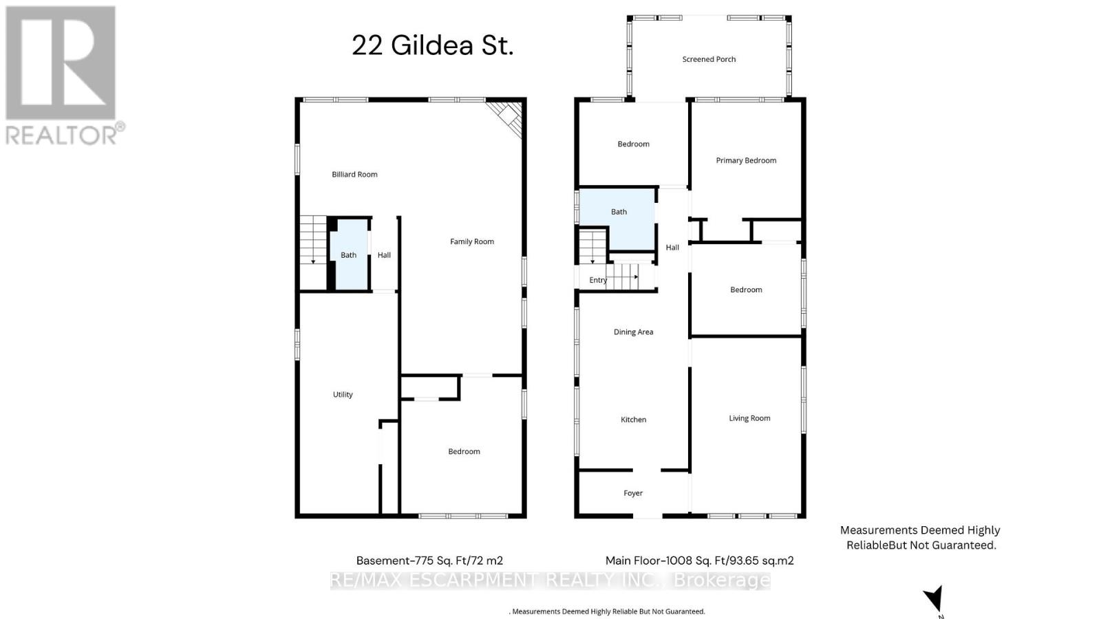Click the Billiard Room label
[x=354, y=175]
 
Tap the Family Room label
[x=472, y=241]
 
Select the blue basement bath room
[x=349, y=255]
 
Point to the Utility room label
[x=343, y=395]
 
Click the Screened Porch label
[x=709, y=59]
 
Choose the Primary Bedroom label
[x=746, y=160]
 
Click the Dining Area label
[x=633, y=332]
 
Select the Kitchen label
[x=633, y=420]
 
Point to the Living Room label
[x=749, y=418]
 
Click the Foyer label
[x=633, y=493]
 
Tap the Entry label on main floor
[x=598, y=280]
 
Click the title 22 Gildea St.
[x=432, y=46]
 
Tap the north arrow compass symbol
[x=934, y=598]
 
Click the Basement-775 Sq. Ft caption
[x=429, y=561]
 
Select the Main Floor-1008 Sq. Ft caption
[x=699, y=561]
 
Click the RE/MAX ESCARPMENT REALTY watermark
[x=550, y=580]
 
